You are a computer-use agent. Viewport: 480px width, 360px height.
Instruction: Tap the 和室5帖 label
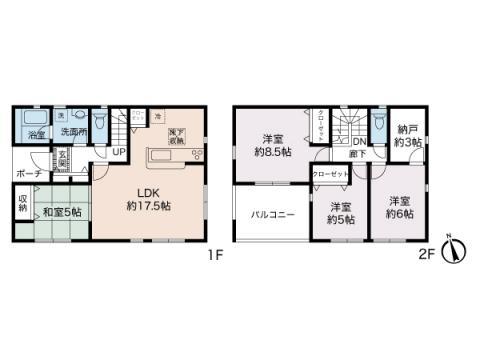click(x=61, y=211)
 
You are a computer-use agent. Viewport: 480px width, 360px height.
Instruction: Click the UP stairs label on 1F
click(x=119, y=152)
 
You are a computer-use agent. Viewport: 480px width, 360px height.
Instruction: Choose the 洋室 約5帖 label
click(x=341, y=213)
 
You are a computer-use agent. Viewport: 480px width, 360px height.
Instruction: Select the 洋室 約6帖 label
click(x=399, y=206)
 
